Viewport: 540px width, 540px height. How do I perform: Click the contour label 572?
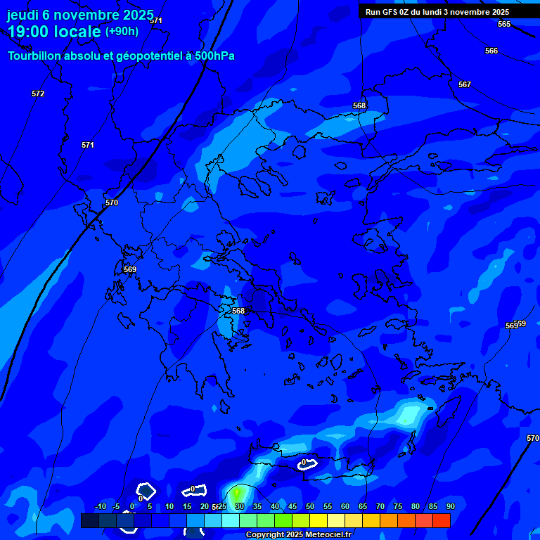pyautogui.click(x=38, y=94)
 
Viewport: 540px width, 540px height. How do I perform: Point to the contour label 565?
pyautogui.click(x=504, y=24)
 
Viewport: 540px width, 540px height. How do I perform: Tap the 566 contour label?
pyautogui.click(x=491, y=51)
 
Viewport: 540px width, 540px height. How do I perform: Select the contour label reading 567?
pyautogui.click(x=465, y=84)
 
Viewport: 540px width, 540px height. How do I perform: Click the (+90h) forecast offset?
pyautogui.click(x=122, y=32)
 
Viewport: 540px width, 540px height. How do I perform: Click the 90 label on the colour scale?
pyautogui.click(x=451, y=506)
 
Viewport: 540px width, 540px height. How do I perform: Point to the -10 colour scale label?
pyautogui.click(x=100, y=506)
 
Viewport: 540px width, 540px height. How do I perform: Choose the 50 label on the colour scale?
pyautogui.click(x=310, y=506)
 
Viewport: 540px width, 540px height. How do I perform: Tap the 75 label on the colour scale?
pyautogui.click(x=398, y=506)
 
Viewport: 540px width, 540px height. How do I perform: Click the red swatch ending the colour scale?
pyautogui.click(x=441, y=520)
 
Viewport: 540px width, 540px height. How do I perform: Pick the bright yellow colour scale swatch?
pyautogui.click(x=319, y=520)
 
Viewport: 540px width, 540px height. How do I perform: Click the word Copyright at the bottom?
pyautogui.click(x=264, y=535)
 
